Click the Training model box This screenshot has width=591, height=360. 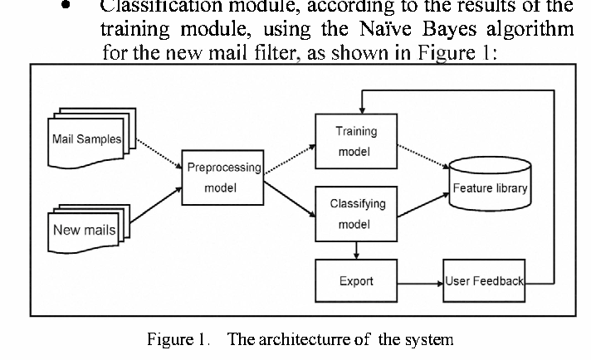[x=356, y=142]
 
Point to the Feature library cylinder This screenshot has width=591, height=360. [x=490, y=187]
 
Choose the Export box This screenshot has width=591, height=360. [x=356, y=281]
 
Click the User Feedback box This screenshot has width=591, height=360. [x=484, y=281]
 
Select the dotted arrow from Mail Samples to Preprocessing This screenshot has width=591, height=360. [x=154, y=154]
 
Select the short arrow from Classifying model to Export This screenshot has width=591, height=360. [x=356, y=248]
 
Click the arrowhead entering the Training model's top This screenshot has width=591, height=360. [x=359, y=109]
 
